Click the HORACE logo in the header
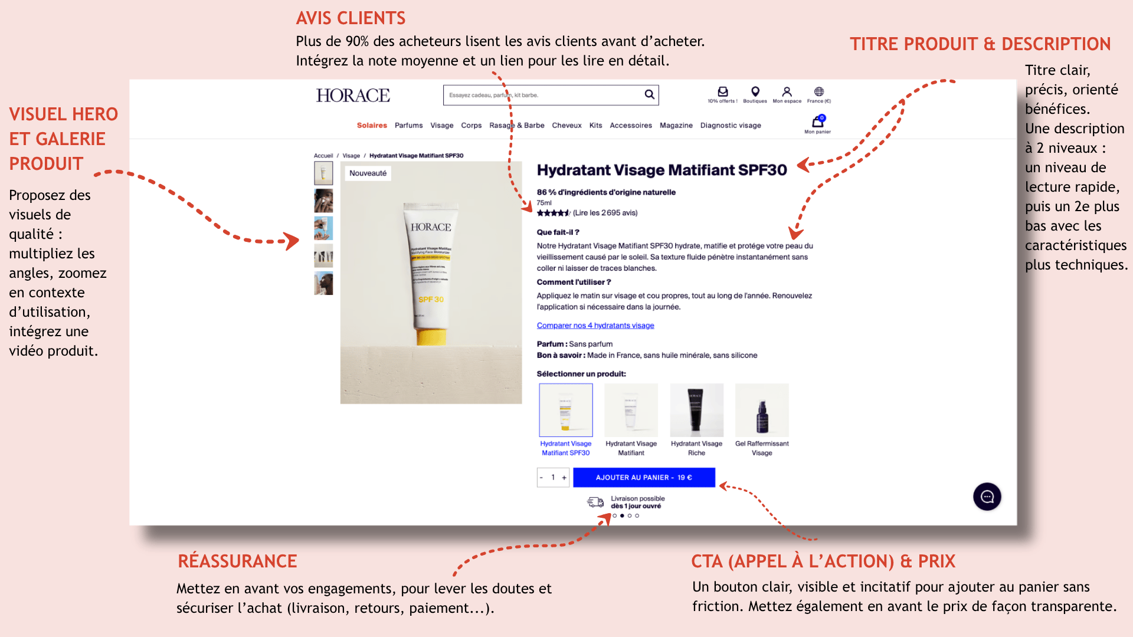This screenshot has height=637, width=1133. click(x=353, y=96)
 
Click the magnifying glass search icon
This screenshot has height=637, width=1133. click(x=649, y=94)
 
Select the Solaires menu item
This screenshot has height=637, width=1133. click(x=372, y=126)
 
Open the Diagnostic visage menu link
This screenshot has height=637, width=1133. click(x=731, y=126)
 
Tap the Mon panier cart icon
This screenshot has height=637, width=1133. click(x=817, y=122)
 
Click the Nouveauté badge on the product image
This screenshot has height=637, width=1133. click(x=368, y=173)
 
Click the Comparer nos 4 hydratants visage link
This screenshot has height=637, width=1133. click(x=595, y=326)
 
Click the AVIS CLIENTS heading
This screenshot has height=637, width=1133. click(x=351, y=18)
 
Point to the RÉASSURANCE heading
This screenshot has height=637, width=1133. click(x=237, y=561)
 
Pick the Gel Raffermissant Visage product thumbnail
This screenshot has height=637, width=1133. click(x=762, y=411)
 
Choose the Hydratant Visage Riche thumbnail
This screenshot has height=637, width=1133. click(x=696, y=411)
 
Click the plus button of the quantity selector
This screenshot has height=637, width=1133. click(x=564, y=478)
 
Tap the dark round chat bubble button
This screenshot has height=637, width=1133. click(x=987, y=497)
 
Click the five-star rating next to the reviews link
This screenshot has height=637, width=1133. click(x=553, y=213)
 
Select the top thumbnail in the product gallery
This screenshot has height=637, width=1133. click(x=323, y=173)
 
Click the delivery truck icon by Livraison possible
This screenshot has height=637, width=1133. click(x=595, y=502)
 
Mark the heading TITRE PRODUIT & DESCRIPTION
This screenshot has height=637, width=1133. click(x=980, y=44)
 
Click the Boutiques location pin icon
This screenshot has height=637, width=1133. click(x=755, y=91)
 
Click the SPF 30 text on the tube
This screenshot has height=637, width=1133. click(x=431, y=300)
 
